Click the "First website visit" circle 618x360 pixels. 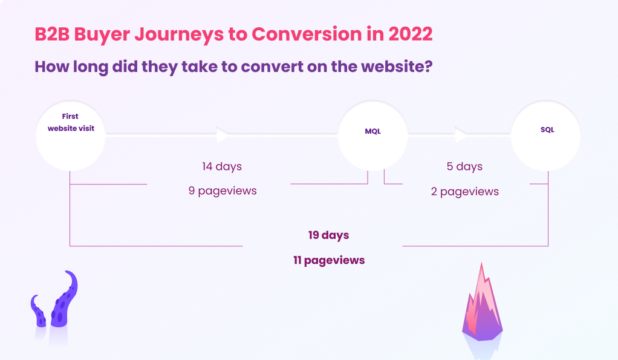tap(71, 136)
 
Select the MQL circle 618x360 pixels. tap(373, 136)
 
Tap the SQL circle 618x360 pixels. tap(546, 136)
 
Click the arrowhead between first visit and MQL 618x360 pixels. tap(223, 135)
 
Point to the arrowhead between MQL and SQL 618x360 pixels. tap(461, 135)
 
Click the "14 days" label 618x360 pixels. tap(222, 166)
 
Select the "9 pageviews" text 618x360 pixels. tap(223, 191)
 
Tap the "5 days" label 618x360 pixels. tap(464, 166)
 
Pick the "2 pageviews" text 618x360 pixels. tap(464, 192)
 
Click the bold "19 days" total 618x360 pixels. tap(329, 235)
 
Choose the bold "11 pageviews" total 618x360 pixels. tap(329, 260)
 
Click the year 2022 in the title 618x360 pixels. tap(411, 34)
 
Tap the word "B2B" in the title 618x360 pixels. tap(52, 34)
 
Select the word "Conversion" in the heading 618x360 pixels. tap(307, 34)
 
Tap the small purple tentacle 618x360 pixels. tap(38, 312)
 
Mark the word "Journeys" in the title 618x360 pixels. tap(179, 34)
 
